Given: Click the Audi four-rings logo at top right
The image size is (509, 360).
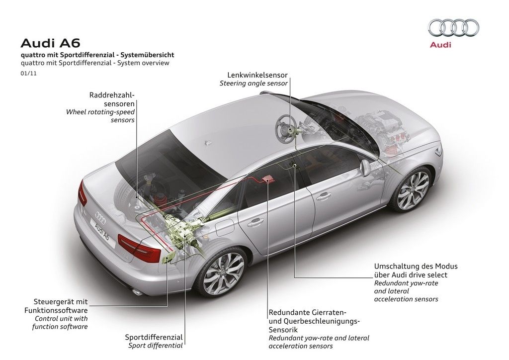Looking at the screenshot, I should click(453, 28).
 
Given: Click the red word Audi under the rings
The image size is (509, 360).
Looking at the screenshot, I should click(440, 45).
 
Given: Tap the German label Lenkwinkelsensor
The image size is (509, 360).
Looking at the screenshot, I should click(257, 75).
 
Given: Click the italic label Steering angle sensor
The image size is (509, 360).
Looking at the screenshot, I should click(254, 84).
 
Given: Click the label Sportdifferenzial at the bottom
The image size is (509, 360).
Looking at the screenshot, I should click(154, 337).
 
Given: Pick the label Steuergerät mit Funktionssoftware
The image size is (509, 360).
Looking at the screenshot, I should click(61, 306).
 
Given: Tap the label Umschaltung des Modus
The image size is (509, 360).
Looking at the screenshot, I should click(416, 266).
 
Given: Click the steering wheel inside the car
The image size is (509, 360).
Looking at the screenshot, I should click(287, 127).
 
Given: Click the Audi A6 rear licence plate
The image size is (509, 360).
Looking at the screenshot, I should click(102, 230).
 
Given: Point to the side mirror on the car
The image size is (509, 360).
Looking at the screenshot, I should click(365, 168).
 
